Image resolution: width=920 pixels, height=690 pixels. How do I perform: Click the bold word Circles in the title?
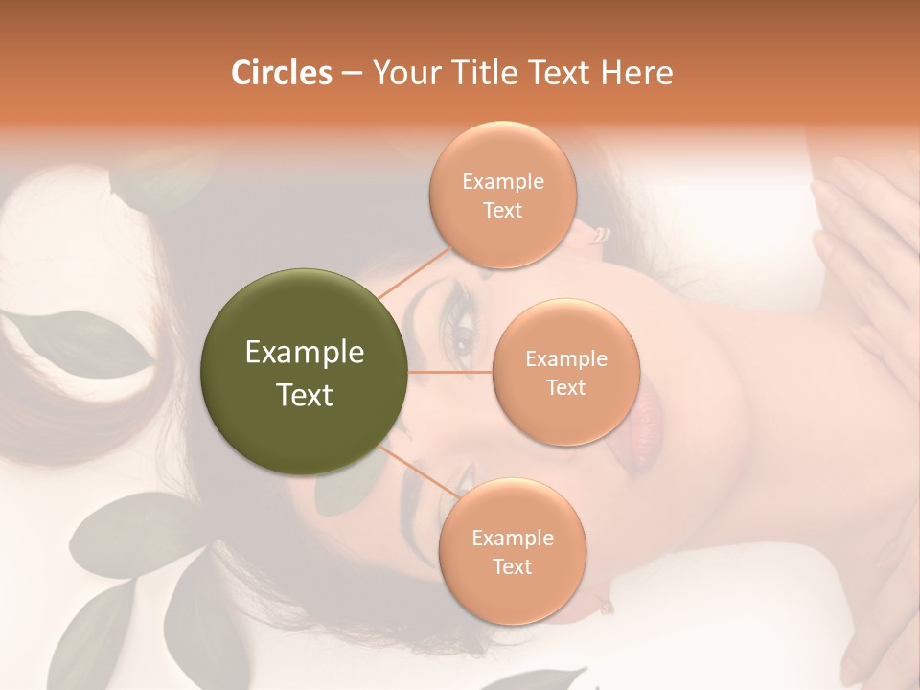click(x=282, y=73)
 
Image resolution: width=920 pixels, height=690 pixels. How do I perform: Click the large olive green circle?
click(x=304, y=372)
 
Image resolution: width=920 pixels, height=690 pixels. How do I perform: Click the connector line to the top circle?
click(x=414, y=271)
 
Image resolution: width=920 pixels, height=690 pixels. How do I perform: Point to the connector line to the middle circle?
click(x=450, y=372)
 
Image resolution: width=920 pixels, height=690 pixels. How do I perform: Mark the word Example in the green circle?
click(x=304, y=353)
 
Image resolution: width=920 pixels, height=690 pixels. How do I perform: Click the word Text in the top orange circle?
click(x=503, y=211)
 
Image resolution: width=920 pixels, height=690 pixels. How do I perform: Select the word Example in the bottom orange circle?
click(x=513, y=538)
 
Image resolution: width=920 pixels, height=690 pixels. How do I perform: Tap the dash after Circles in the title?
click(x=352, y=73)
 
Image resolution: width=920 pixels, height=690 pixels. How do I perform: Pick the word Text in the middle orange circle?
click(x=565, y=388)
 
